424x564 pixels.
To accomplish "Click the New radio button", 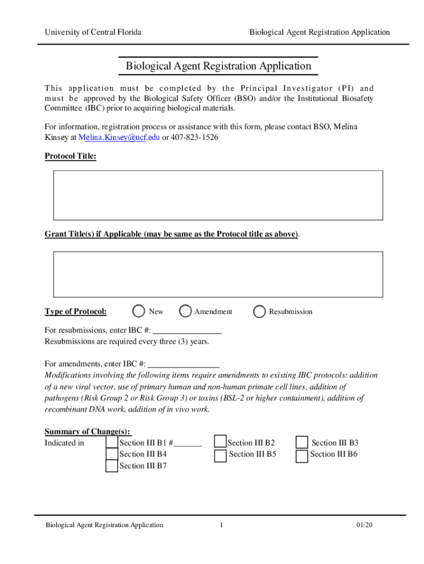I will tap(139, 312).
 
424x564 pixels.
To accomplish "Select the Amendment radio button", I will tap(186, 312).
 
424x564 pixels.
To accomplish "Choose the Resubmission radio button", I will tap(259, 312).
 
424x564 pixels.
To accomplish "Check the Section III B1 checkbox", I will tap(112, 442).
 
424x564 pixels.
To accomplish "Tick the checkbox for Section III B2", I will tap(220, 442).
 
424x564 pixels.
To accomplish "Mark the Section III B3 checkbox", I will tap(302, 443).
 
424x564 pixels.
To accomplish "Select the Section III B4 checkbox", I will tap(112, 454).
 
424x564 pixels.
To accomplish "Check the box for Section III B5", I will tap(220, 455).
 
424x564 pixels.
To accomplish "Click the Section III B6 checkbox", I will tap(302, 455).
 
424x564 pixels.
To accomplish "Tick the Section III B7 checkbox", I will tap(112, 466).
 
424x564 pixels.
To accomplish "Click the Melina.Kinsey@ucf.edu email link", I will tap(118, 137).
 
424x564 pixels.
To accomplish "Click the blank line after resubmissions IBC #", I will tap(187, 330).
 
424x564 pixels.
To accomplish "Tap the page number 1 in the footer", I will tap(221, 525).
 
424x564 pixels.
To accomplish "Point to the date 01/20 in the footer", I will tap(365, 525).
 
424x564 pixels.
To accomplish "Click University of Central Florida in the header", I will tap(93, 32).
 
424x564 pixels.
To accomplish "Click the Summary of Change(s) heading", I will tap(88, 431).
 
